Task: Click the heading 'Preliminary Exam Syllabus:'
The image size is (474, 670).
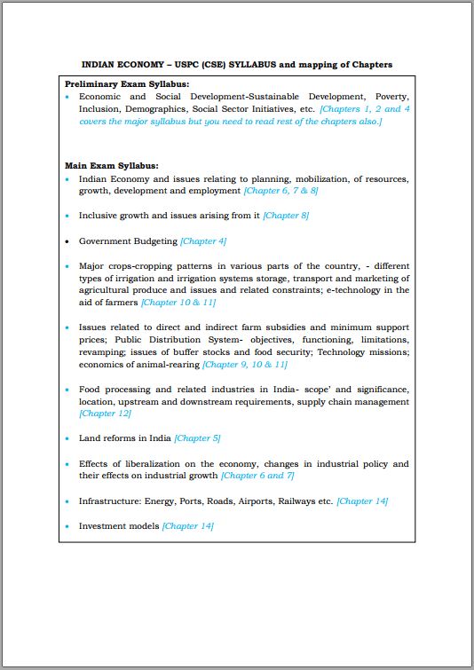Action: point(121,83)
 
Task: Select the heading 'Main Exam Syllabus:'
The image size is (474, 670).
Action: point(112,165)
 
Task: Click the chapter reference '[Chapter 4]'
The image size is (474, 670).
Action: point(203,240)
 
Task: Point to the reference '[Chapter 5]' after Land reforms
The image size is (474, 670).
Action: point(197,437)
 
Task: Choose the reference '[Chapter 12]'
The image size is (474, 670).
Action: point(105,414)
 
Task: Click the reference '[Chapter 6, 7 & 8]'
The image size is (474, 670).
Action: point(280,191)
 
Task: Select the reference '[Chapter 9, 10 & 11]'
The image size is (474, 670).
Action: point(245,364)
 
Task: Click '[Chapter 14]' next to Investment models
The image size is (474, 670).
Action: point(187,526)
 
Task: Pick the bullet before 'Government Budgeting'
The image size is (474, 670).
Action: point(67,241)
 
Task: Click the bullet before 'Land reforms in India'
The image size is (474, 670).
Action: point(67,438)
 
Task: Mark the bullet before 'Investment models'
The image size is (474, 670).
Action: point(67,526)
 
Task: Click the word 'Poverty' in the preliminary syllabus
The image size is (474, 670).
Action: point(391,96)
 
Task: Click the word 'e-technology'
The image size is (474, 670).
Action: point(363,290)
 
